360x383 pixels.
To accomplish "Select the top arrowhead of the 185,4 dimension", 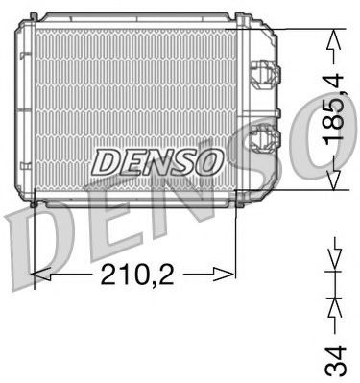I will click(332, 36).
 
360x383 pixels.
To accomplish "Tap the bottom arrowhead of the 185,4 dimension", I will click(332, 185).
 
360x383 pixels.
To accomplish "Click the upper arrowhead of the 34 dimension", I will click(332, 261).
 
